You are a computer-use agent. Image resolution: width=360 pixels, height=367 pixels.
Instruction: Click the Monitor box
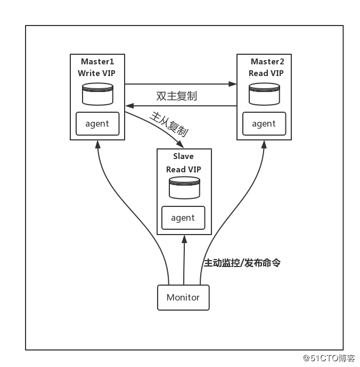(x=183, y=297)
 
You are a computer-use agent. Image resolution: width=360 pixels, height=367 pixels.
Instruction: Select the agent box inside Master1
(x=97, y=123)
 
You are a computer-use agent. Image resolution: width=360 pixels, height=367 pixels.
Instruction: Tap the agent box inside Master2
(x=264, y=123)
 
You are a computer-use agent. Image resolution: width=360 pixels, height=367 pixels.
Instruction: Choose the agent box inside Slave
(x=183, y=218)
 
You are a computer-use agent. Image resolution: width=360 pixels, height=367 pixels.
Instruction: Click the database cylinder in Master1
(x=98, y=94)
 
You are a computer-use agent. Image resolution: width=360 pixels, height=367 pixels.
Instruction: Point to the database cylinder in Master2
(x=264, y=94)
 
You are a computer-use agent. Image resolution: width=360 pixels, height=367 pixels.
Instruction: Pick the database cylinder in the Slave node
(x=184, y=188)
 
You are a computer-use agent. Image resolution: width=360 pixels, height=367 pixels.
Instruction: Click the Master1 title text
(x=97, y=62)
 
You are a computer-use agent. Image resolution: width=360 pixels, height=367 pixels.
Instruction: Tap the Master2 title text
(x=267, y=62)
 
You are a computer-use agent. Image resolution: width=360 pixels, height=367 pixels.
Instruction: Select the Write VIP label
(x=96, y=73)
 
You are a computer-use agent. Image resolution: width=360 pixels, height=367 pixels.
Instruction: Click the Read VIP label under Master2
(x=266, y=73)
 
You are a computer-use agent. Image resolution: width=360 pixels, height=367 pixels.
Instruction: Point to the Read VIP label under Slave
(x=184, y=170)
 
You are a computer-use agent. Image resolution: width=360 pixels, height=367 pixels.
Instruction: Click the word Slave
(x=183, y=156)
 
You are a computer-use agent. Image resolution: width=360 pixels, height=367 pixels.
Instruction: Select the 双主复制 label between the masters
(x=176, y=96)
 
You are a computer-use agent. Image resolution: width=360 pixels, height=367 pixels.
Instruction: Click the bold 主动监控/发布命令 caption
(x=242, y=263)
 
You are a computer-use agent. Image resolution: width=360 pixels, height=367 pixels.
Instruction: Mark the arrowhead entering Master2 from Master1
(x=233, y=84)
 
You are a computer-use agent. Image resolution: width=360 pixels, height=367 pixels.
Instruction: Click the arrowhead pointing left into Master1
(x=129, y=106)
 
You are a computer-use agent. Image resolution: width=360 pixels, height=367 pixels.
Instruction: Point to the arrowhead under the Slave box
(x=184, y=239)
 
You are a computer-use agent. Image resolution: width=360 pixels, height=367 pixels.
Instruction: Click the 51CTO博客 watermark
(x=329, y=358)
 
